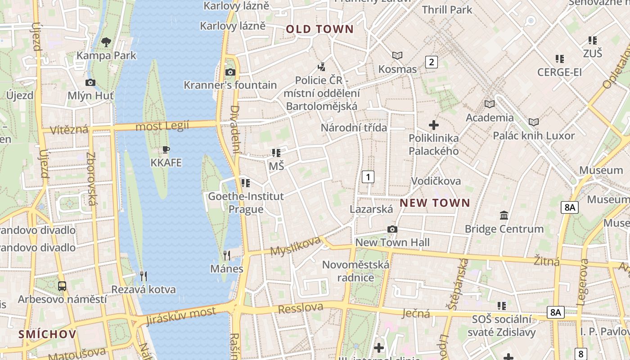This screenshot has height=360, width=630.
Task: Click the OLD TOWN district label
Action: [319, 29]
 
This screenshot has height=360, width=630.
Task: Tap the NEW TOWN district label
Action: [435, 203]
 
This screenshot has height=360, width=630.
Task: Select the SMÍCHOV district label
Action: [47, 334]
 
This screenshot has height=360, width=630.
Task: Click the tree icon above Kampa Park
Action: [106, 43]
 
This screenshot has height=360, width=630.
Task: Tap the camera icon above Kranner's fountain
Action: [230, 72]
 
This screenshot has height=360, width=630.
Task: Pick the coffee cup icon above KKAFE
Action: [166, 149]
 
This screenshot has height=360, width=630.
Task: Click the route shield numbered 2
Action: [431, 62]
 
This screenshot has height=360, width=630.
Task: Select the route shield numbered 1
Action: [368, 177]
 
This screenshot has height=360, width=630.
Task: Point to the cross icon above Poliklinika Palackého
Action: [434, 125]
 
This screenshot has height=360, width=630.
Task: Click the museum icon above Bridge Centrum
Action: [504, 216]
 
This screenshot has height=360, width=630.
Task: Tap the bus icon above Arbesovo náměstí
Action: [62, 286]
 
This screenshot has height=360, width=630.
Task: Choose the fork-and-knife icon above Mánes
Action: [227, 256]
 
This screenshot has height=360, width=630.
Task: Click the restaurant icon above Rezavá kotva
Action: [144, 276]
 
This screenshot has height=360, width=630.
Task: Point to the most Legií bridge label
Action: [162, 126]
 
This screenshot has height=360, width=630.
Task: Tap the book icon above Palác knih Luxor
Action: [534, 122]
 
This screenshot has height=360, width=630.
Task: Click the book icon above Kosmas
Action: [397, 55]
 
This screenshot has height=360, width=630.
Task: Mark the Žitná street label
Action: [546, 260]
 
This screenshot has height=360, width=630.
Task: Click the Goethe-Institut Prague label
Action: [246, 202]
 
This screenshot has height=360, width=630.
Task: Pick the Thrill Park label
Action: [447, 9]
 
